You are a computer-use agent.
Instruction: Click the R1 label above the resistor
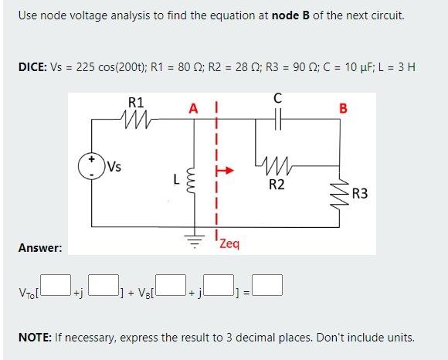[x=135, y=101]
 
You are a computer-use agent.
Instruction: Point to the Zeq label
[x=229, y=244]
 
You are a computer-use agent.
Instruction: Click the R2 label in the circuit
[x=277, y=185]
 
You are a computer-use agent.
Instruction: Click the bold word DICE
[x=32, y=67]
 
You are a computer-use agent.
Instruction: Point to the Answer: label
[x=40, y=248]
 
